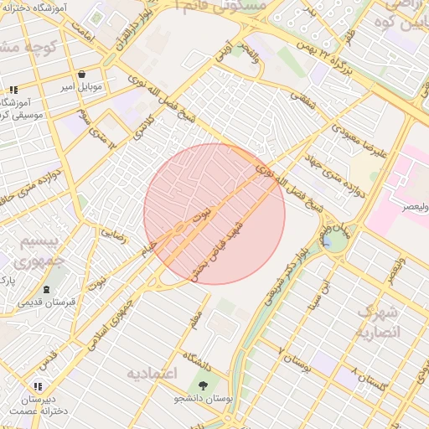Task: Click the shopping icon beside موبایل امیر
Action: pos(81,74)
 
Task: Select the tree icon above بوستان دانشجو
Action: pos(204,385)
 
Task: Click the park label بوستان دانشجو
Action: pos(203,399)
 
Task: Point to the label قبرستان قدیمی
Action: pos(48,301)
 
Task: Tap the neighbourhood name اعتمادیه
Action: pos(153,372)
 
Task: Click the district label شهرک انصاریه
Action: pos(380,321)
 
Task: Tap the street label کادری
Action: pos(145,127)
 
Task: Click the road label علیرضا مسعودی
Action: pos(358,143)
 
